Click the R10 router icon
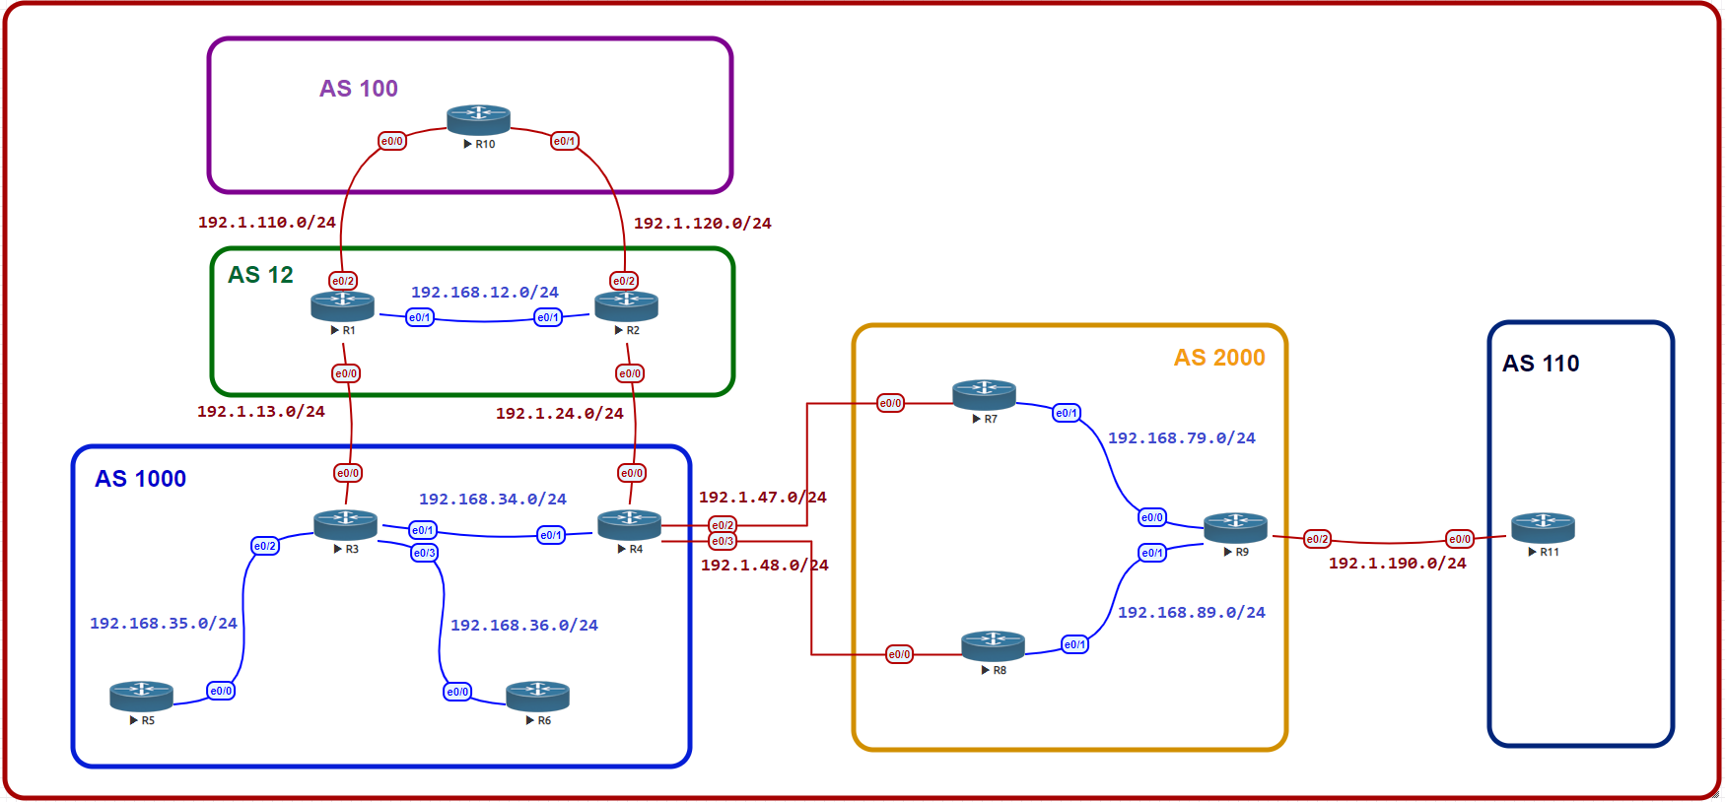(478, 119)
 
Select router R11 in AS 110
(1543, 527)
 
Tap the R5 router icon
(141, 696)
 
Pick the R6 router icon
(537, 696)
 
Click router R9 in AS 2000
(1235, 527)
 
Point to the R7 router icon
(984, 394)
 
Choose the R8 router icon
(993, 645)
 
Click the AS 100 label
(359, 89)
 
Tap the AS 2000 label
(1219, 358)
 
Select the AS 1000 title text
(140, 479)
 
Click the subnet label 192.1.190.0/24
(1397, 564)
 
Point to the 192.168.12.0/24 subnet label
(484, 293)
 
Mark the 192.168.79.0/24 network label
(1181, 438)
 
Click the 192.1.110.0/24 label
(266, 223)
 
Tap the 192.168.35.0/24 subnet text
(163, 624)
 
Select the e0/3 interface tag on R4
(723, 541)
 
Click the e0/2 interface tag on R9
(1317, 539)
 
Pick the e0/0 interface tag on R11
(1460, 539)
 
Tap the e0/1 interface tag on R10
(564, 141)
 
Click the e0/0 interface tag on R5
(221, 691)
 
